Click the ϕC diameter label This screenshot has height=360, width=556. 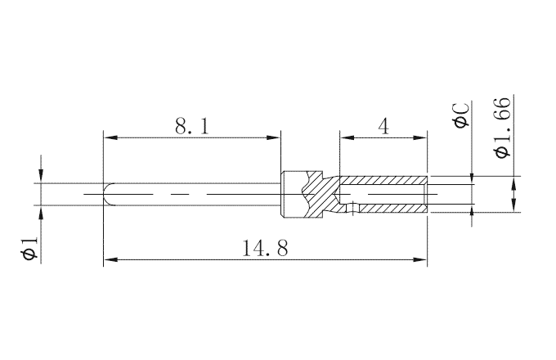[460, 114]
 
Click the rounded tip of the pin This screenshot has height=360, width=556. [107, 195]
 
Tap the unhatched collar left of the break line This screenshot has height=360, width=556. [291, 195]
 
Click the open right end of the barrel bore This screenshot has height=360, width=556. [425, 195]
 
